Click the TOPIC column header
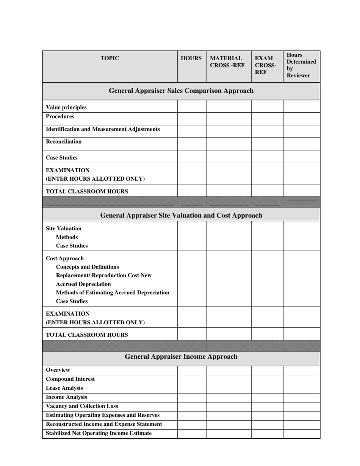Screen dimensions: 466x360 [110, 58]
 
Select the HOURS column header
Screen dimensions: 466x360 [191, 58]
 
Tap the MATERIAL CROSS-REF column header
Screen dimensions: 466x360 [227, 62]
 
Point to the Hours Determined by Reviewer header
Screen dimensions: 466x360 [301, 65]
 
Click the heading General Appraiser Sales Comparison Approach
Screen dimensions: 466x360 [181, 91]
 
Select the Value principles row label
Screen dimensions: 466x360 [66, 107]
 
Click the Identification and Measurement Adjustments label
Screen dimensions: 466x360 [103, 129]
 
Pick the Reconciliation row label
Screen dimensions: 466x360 [64, 142]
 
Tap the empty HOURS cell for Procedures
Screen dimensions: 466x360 [192, 119]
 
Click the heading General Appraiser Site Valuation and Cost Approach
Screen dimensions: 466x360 [181, 216]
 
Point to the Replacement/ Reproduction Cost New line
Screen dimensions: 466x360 [103, 275]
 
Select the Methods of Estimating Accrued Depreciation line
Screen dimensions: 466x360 [113, 292]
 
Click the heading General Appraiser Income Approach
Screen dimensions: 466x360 [181, 357]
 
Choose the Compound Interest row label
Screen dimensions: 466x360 [70, 379]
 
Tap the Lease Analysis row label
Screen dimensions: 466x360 [64, 388]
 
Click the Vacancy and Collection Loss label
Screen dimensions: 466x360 [82, 406]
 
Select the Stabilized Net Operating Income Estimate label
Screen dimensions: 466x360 [99, 433]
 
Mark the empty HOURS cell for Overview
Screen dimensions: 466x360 [192, 370]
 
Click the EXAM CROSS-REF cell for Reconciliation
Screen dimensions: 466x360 [267, 144]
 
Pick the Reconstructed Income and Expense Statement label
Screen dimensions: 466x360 [104, 424]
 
